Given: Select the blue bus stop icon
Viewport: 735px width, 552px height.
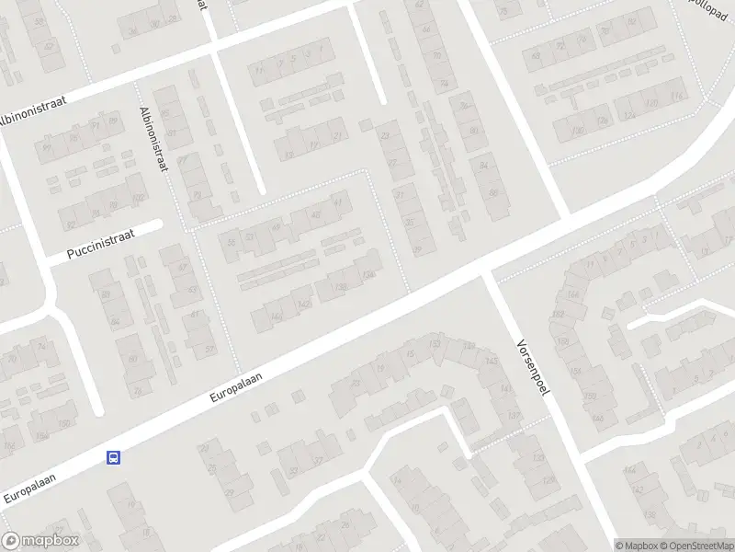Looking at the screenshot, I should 114,456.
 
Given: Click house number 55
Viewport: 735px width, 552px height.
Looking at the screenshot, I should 232,241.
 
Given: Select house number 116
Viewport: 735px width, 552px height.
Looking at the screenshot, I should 678,97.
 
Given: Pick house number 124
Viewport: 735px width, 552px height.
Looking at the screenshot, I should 628,115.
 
